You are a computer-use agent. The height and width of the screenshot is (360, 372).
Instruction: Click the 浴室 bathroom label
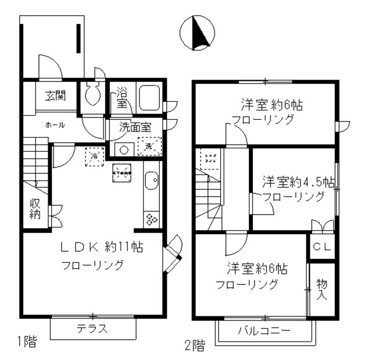[121, 97]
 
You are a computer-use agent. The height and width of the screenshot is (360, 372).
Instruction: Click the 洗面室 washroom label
[135, 126]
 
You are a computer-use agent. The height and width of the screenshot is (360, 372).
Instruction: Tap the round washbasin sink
[123, 149]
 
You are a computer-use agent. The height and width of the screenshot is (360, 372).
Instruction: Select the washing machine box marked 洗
[149, 146]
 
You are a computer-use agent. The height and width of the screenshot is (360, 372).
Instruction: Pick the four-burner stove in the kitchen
[152, 219]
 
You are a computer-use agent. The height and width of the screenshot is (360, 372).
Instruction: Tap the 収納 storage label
[35, 209]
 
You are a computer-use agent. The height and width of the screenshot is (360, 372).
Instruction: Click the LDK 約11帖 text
[102, 247]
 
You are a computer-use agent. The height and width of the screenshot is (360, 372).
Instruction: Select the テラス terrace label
[93, 329]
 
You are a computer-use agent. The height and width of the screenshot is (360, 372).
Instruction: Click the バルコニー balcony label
[264, 332]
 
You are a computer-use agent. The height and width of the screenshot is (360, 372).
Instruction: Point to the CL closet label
[321, 247]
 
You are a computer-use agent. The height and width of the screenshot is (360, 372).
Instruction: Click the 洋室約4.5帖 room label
[297, 180]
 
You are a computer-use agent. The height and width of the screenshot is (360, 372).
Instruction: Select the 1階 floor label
[26, 342]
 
